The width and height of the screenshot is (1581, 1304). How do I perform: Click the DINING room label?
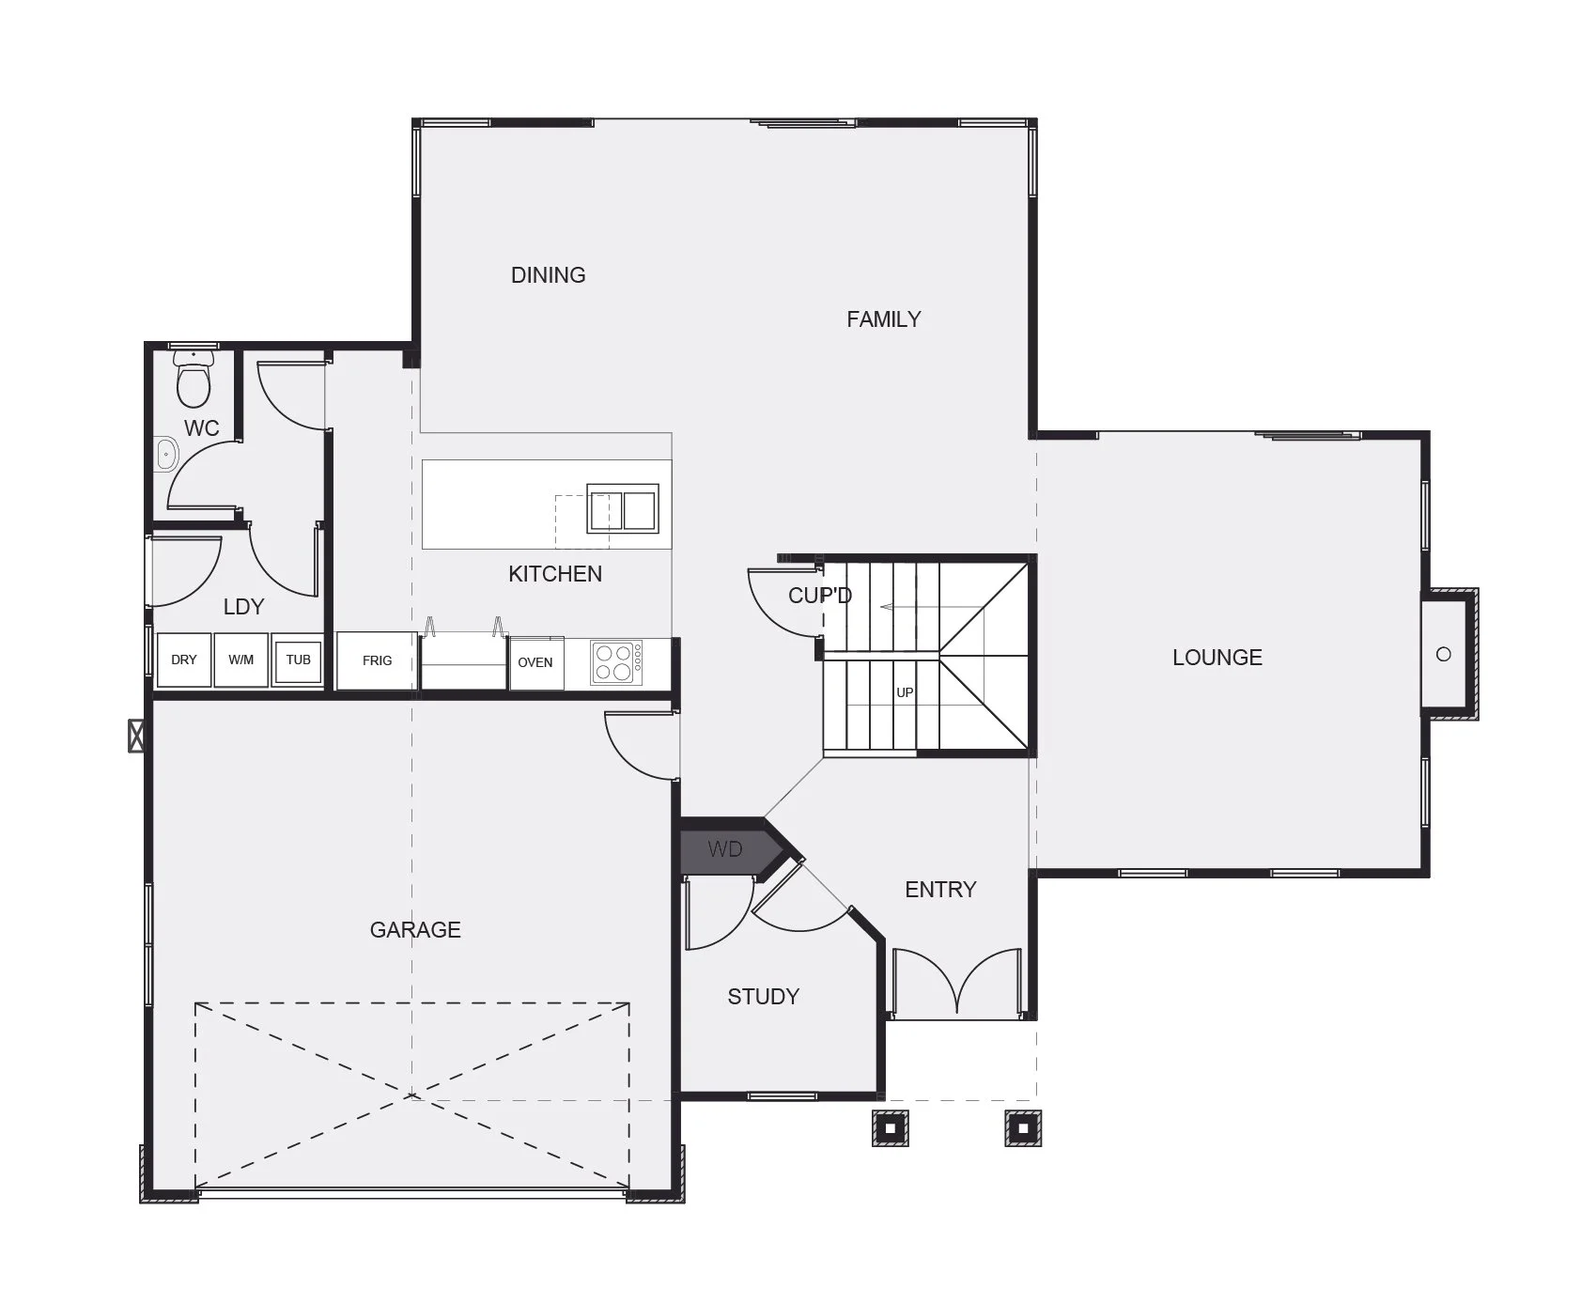click(x=548, y=275)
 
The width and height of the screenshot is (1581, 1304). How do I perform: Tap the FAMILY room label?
click(x=883, y=319)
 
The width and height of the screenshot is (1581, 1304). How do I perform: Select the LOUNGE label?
click(x=1217, y=658)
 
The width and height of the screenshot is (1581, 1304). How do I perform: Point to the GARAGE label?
click(x=415, y=930)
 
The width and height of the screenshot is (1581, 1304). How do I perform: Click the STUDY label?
click(x=763, y=997)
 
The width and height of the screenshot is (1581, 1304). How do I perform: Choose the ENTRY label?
click(x=940, y=890)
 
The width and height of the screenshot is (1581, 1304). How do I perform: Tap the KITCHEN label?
click(x=555, y=574)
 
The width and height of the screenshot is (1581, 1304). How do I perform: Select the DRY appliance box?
click(x=184, y=660)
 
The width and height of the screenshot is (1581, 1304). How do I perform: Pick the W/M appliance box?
click(x=241, y=660)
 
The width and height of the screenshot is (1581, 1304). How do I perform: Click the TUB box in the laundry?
click(x=299, y=660)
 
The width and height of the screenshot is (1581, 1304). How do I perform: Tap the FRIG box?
click(x=377, y=661)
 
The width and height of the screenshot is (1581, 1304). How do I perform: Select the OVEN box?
click(x=535, y=663)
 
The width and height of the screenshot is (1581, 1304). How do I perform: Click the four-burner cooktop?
click(x=617, y=662)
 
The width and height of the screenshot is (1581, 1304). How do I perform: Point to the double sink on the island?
click(x=623, y=508)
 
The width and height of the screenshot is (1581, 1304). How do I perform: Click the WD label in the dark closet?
click(x=725, y=850)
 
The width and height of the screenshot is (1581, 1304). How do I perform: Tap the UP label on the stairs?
click(x=905, y=692)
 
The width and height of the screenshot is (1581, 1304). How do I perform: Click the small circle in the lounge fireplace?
click(x=1444, y=654)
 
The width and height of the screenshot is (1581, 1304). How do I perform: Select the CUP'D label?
click(x=819, y=596)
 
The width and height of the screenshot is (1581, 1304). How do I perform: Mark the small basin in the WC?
click(x=166, y=455)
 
